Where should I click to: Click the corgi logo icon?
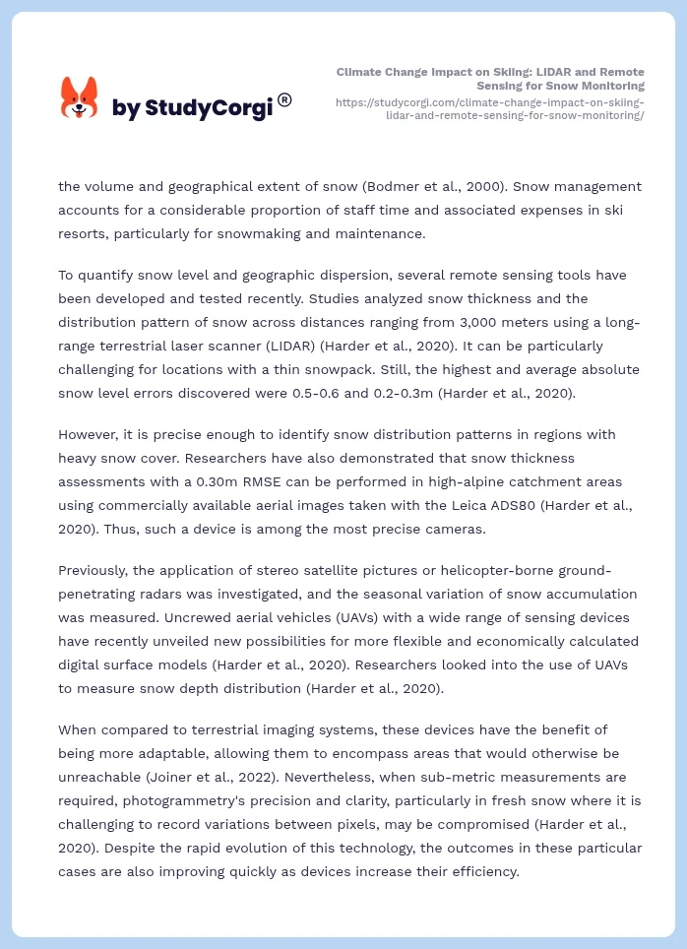pyautogui.click(x=80, y=98)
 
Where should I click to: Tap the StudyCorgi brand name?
pyautogui.click(x=192, y=108)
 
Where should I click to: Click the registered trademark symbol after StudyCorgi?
pyautogui.click(x=284, y=99)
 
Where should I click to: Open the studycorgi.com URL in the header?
pyautogui.click(x=489, y=108)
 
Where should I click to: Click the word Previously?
pyautogui.click(x=97, y=570)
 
